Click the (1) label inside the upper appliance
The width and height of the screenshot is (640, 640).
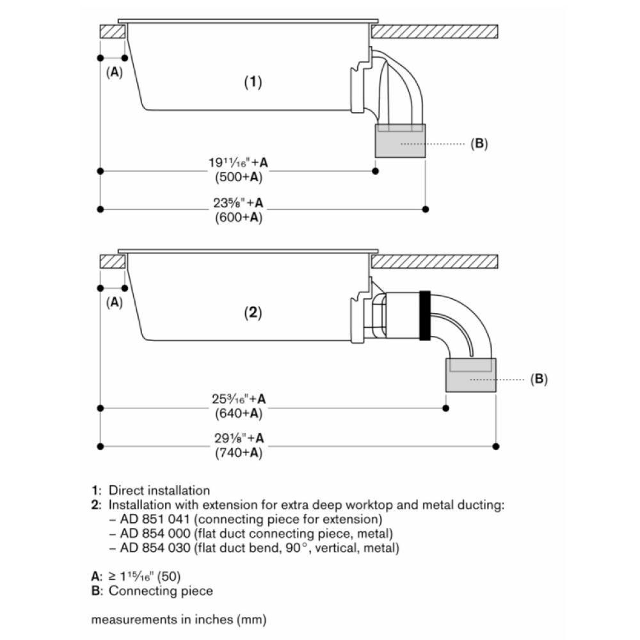click(254, 82)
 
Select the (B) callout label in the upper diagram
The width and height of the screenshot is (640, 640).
click(479, 144)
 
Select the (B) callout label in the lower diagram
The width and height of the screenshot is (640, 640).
click(539, 379)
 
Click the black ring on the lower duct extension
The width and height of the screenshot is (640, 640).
click(424, 315)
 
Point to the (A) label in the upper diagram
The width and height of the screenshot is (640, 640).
click(114, 72)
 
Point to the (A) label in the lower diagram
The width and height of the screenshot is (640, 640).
click(114, 303)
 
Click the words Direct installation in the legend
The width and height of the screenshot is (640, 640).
click(159, 491)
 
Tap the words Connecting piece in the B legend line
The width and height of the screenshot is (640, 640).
click(161, 591)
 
